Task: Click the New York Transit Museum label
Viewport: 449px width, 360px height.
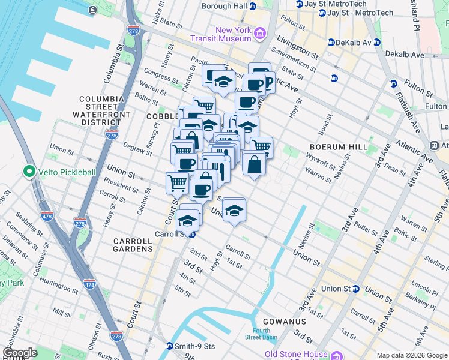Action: tap(233, 34)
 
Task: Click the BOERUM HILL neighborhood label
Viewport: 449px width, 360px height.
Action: tap(334, 146)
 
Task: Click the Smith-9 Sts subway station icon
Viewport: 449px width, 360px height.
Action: tap(170, 346)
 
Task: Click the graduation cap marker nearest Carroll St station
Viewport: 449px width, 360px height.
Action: tap(188, 220)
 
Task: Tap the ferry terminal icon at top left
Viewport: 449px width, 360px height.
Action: tap(92, 10)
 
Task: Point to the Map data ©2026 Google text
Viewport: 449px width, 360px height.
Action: tap(412, 355)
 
